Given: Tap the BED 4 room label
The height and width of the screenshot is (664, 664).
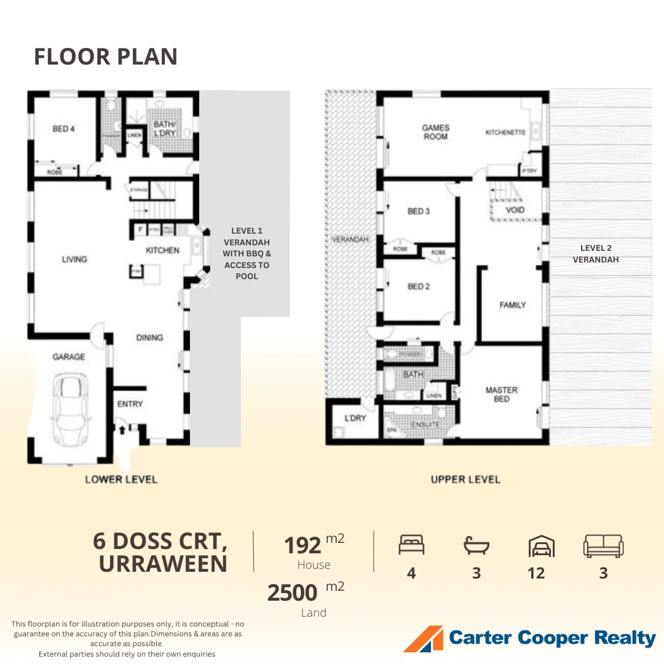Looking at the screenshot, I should click(63, 129).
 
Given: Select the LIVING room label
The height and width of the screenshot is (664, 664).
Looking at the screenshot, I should click(74, 259).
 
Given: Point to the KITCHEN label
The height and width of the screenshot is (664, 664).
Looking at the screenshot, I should click(162, 250).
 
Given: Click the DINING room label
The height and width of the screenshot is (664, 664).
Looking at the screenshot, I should click(149, 338).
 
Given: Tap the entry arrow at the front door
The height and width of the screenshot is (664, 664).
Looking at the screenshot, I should click(122, 428).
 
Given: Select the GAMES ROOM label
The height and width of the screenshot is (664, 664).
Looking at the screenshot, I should click(435, 132).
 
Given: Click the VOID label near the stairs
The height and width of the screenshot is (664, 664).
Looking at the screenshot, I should click(515, 210).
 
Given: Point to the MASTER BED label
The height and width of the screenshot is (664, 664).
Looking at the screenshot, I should click(501, 395).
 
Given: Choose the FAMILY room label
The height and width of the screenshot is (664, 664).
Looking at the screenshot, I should click(512, 305).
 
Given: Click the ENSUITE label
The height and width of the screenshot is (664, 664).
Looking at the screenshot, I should click(425, 425).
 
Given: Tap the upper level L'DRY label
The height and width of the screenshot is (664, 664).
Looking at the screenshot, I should click(355, 418).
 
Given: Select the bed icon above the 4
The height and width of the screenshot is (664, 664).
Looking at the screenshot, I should click(411, 545).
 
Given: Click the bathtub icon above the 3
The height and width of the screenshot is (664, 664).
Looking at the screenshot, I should click(476, 545).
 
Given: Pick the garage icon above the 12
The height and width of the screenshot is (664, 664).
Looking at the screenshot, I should click(541, 545).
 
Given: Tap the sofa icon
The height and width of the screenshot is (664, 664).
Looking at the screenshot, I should click(603, 545).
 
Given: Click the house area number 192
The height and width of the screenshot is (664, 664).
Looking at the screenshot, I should click(302, 545).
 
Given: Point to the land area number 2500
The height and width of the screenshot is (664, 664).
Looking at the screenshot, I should click(292, 593).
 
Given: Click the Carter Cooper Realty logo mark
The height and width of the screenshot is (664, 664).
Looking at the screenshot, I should click(423, 639).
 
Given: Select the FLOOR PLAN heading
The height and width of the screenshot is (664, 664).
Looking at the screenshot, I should click(105, 57).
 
